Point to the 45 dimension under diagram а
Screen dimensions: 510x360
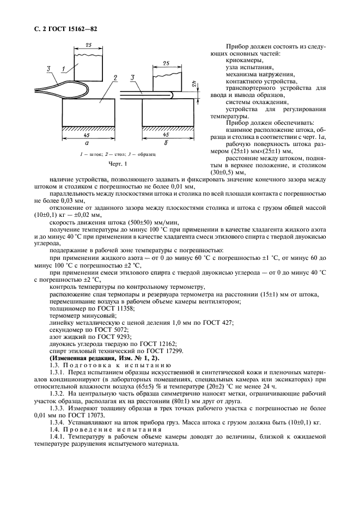coord(88,135)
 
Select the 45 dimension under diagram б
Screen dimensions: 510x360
coord(167,135)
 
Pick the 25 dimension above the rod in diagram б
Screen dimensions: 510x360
coord(166,64)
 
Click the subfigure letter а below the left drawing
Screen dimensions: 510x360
coord(87,143)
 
